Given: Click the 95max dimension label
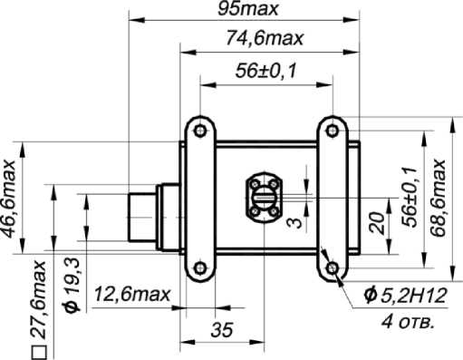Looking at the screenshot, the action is pos(247,9).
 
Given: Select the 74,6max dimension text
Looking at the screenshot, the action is pos(265,38).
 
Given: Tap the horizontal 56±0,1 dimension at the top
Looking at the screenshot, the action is pos(265,71).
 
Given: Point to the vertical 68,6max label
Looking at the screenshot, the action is pos(438,198).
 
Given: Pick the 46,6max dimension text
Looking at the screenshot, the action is pos(8,199).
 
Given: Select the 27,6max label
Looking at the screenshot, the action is pos(39,299).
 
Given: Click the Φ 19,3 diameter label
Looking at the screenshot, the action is pos(72,286).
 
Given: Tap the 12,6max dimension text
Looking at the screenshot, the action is pos(132,294).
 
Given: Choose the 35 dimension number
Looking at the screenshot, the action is pos(222,329).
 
